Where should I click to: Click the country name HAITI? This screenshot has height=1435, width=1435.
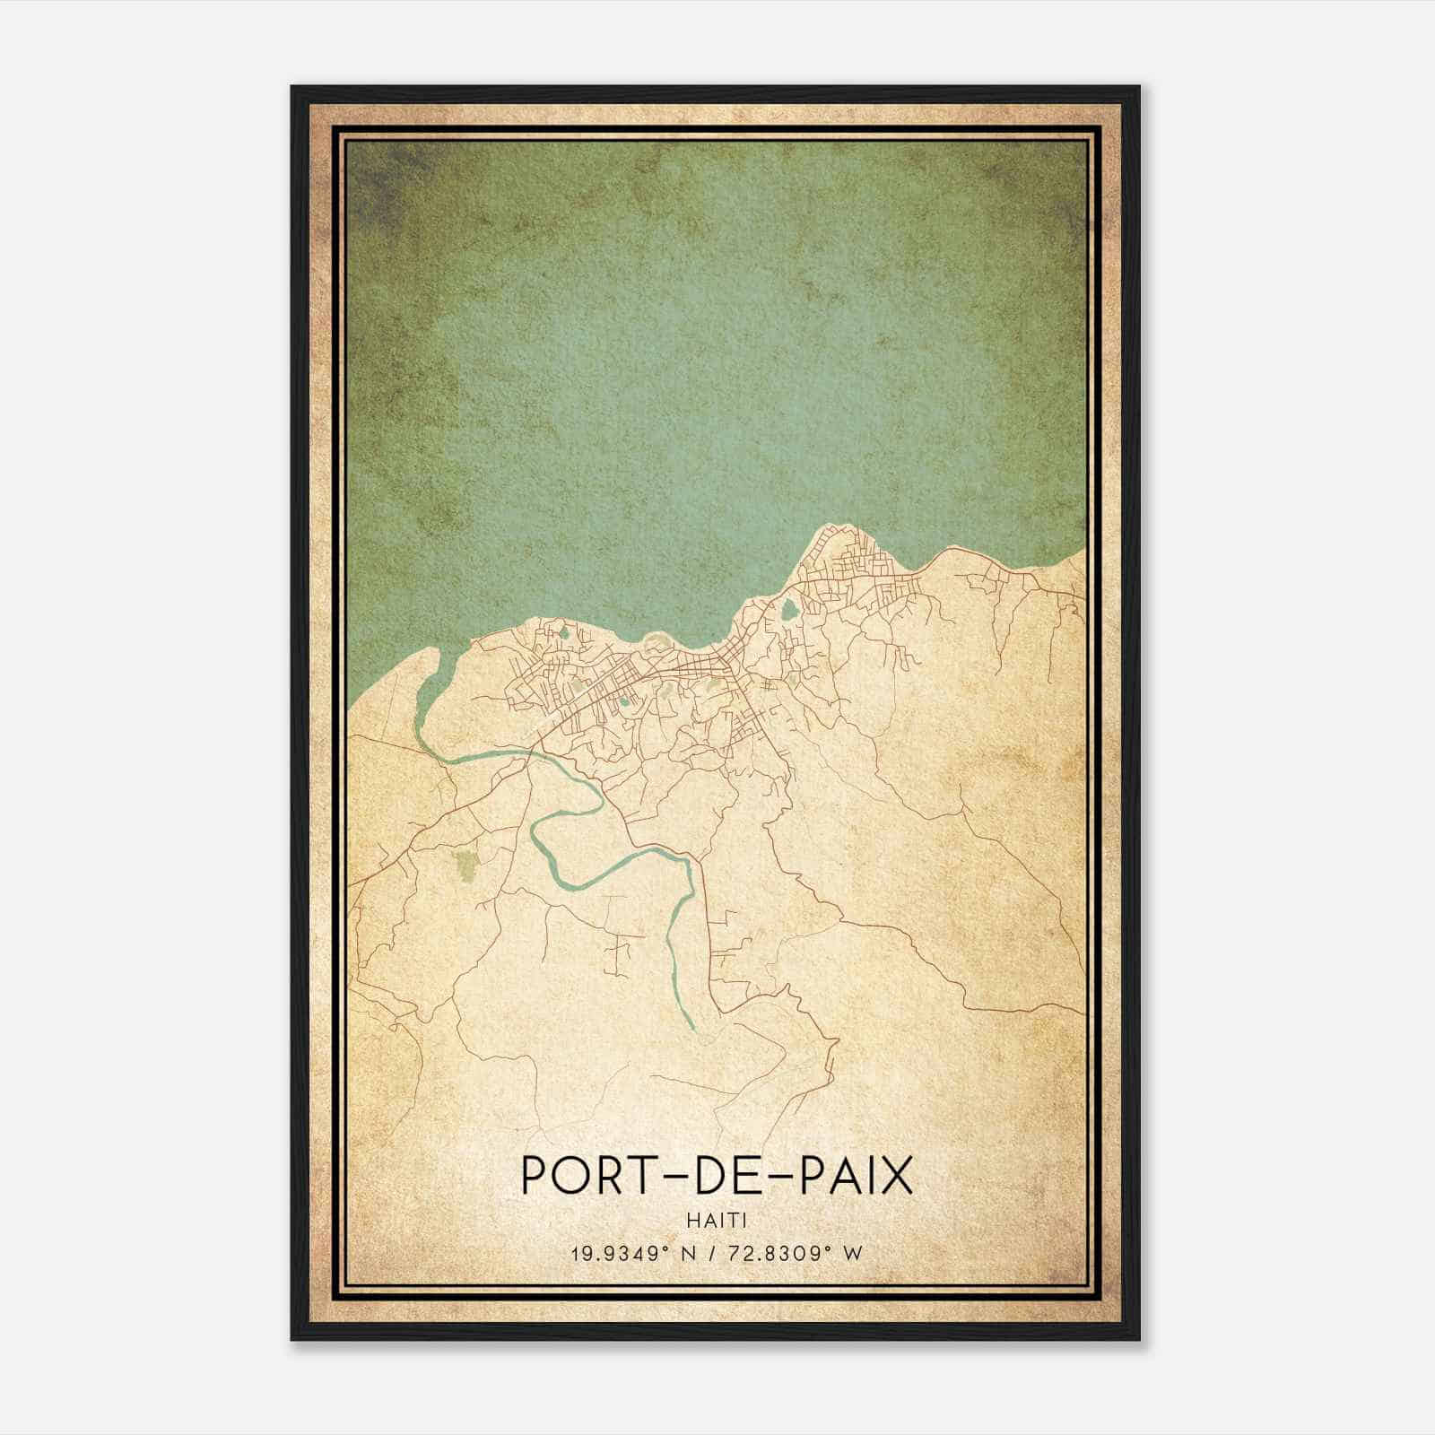[x=717, y=1220]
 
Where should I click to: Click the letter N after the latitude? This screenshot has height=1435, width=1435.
[x=689, y=1254]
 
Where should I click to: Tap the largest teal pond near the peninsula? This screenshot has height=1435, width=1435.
[x=788, y=611]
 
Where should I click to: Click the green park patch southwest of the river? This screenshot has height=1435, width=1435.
[x=465, y=865]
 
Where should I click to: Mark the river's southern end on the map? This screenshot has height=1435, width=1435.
[x=691, y=1026]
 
